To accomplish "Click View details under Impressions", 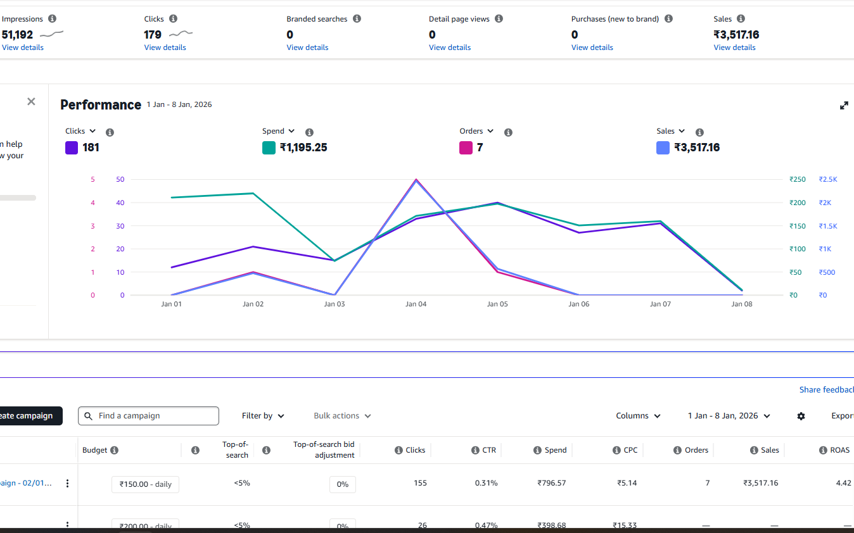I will click(23, 47).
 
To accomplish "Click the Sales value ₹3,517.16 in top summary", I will click(736, 35).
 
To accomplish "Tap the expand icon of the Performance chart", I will click(844, 106).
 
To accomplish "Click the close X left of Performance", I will click(31, 102).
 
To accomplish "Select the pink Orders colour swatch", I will click(466, 147).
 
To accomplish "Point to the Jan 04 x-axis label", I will click(416, 304).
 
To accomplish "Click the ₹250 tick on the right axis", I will click(797, 180).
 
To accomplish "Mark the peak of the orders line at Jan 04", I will click(416, 179).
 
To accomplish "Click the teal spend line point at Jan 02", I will click(253, 193).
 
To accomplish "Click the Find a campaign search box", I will click(148, 416).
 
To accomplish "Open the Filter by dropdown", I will click(263, 416).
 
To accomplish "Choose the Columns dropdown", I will click(638, 416).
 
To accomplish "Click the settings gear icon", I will click(801, 416).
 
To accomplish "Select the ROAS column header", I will click(839, 450).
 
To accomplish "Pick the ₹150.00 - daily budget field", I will click(145, 484).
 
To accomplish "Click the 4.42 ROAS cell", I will click(843, 483).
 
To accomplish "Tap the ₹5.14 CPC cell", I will click(627, 483).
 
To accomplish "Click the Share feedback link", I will click(826, 390).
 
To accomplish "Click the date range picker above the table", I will click(729, 416).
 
